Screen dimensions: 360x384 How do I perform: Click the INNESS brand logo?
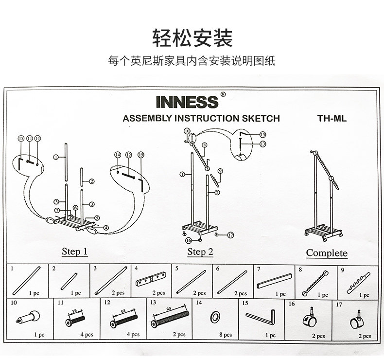click(187, 101)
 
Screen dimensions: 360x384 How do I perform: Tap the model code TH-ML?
click(332, 118)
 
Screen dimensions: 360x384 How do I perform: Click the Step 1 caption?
click(74, 252)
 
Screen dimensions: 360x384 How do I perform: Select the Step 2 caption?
click(200, 252)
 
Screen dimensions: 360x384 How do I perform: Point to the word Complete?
click(327, 253)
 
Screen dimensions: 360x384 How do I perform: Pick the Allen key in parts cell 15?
click(261, 318)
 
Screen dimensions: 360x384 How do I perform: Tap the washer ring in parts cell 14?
click(213, 317)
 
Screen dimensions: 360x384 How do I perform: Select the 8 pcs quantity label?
click(225, 335)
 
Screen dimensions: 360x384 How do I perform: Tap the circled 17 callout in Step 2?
click(230, 234)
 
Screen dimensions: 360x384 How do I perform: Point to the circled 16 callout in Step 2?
click(188, 240)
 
